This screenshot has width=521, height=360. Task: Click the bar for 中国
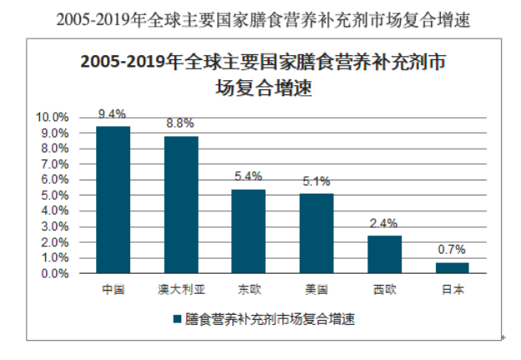113,200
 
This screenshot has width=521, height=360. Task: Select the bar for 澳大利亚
180,205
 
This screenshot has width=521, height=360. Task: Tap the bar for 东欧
248,231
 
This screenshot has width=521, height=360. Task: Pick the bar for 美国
316,233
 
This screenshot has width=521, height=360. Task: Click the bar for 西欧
384,254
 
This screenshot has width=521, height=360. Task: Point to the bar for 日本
452,267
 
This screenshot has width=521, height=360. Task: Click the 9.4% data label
113,114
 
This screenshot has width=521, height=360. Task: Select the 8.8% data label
180,124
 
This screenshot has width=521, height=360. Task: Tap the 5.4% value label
248,176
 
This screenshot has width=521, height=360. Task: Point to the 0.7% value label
452,249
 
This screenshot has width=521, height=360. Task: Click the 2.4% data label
384,223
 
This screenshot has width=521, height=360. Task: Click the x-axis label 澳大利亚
180,290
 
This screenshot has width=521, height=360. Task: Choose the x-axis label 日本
452,290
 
